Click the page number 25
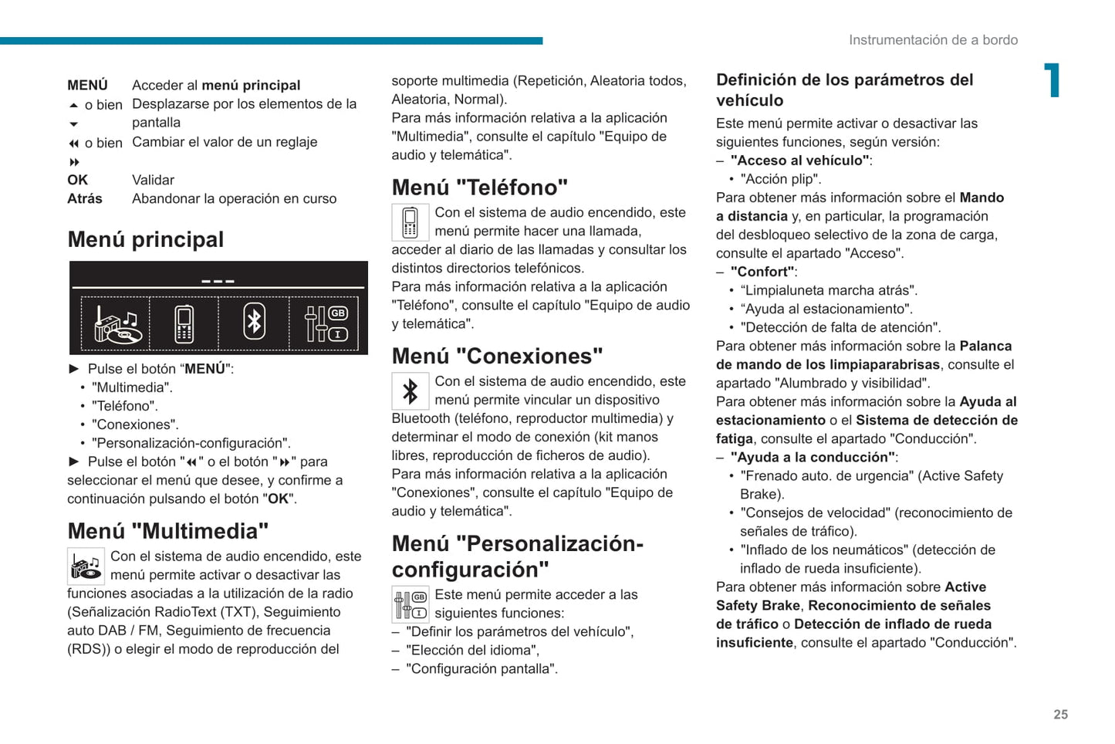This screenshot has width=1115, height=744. (x=1060, y=715)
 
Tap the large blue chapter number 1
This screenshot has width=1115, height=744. (x=1052, y=80)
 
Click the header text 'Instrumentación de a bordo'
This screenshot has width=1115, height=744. (x=933, y=40)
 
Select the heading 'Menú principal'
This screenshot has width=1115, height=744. (x=146, y=239)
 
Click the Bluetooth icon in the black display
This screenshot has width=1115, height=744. (x=254, y=322)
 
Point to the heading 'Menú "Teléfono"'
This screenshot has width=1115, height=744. (x=479, y=188)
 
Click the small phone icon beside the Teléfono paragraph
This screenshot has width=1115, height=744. (x=410, y=222)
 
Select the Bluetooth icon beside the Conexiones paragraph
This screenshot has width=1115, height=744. (x=410, y=391)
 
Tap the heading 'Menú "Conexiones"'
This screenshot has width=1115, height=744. (x=497, y=356)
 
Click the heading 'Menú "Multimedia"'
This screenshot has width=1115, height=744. (x=168, y=531)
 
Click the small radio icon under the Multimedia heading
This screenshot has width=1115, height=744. (x=86, y=566)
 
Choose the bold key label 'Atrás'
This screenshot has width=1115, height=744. (x=85, y=198)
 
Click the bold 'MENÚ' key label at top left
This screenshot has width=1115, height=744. (x=87, y=85)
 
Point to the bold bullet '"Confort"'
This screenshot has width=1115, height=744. (x=762, y=272)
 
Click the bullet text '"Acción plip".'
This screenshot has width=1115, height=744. (x=780, y=179)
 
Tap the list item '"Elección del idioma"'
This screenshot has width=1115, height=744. (x=472, y=650)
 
